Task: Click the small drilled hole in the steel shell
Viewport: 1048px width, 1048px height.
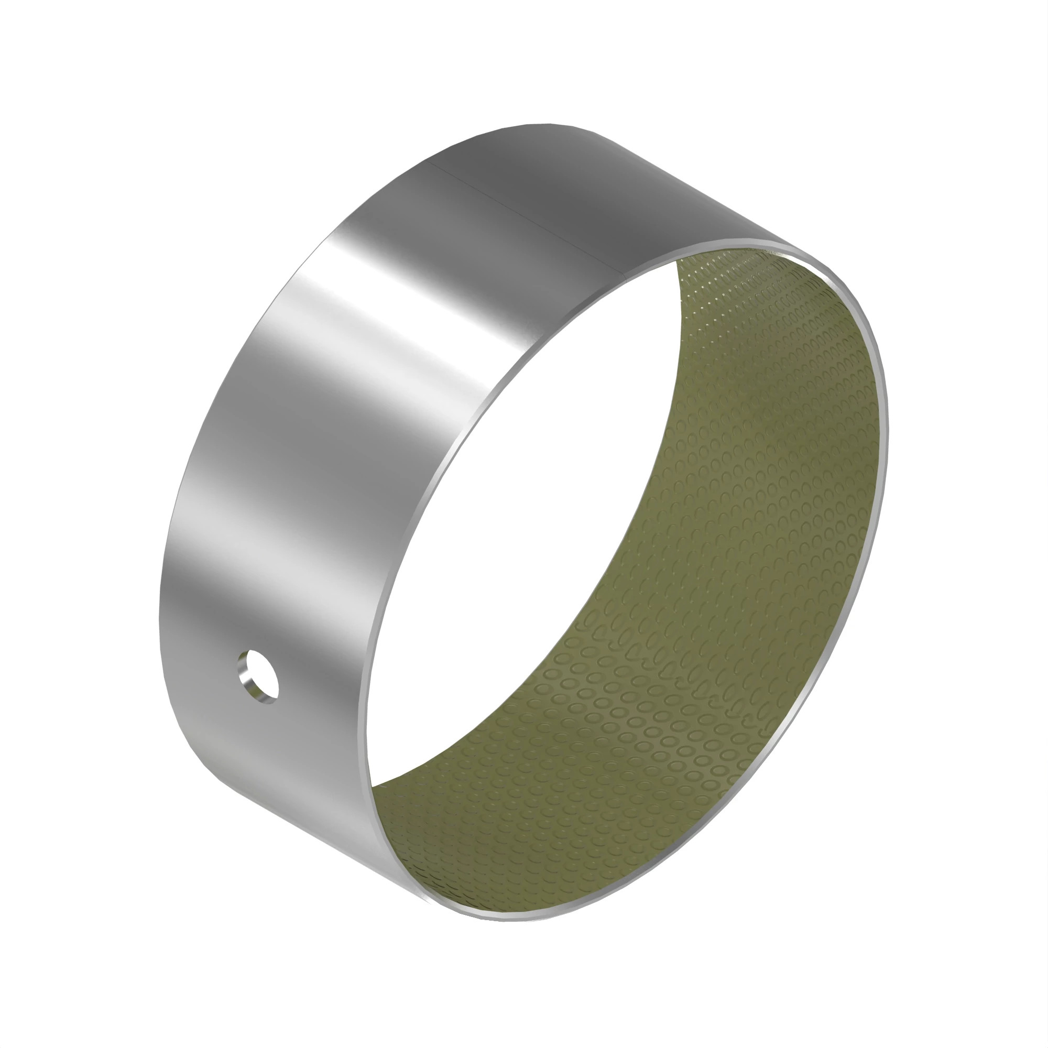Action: (x=259, y=676)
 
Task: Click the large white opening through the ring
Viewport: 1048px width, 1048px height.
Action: (x=542, y=515)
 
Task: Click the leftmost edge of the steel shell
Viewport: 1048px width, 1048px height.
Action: (x=160, y=613)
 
